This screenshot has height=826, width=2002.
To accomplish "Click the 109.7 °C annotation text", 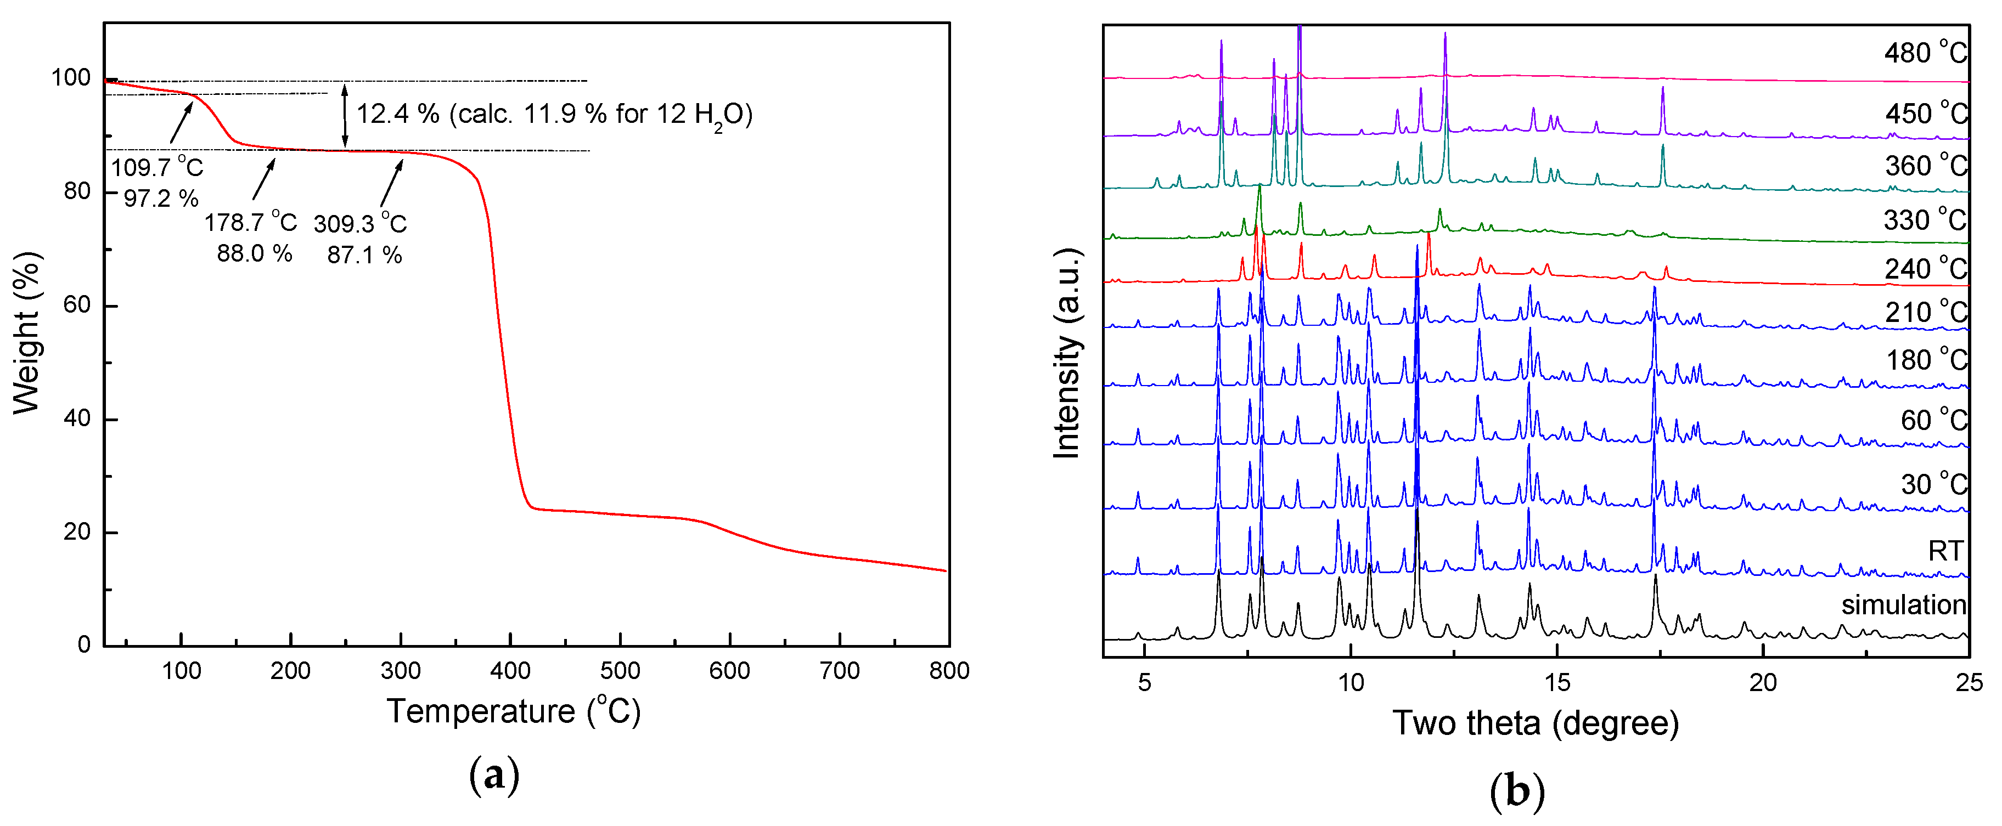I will click(x=156, y=167).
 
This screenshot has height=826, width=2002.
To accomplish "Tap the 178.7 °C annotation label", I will click(x=250, y=223).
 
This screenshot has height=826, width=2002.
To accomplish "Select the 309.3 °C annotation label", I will click(x=360, y=224).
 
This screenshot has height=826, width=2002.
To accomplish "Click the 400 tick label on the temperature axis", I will click(x=510, y=671).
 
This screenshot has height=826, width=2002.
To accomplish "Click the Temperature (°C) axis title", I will click(x=513, y=711).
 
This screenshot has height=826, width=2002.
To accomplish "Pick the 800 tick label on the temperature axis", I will click(x=948, y=671).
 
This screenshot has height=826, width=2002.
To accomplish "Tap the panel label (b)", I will click(x=1516, y=790).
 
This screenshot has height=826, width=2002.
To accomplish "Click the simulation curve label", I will click(x=1903, y=604).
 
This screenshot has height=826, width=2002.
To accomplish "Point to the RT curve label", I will click(x=1945, y=551).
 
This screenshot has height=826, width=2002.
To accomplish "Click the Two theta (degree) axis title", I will click(x=1535, y=723).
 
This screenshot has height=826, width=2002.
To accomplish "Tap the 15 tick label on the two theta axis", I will click(x=1557, y=683).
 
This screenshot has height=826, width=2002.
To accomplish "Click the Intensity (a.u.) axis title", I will click(x=1067, y=354).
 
